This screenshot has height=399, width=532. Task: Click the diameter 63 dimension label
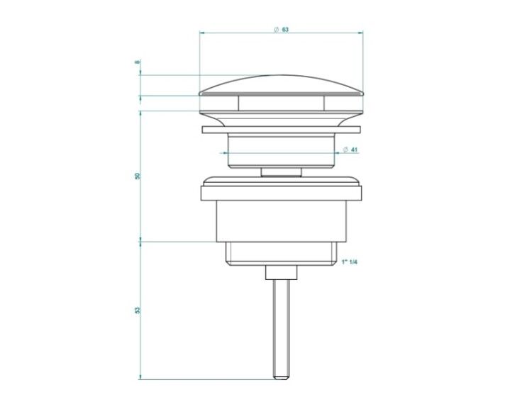282,30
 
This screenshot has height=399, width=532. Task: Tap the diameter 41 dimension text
350,150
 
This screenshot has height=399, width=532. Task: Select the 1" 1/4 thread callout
350,262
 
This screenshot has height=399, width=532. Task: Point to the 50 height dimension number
137,176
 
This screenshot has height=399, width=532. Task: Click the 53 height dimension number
137,310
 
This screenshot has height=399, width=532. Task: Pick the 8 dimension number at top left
137,62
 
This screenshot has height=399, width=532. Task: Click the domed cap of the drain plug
282,85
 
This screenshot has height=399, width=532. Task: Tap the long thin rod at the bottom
282,328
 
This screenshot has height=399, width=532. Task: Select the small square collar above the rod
282,272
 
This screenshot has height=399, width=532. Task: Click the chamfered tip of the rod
282,376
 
